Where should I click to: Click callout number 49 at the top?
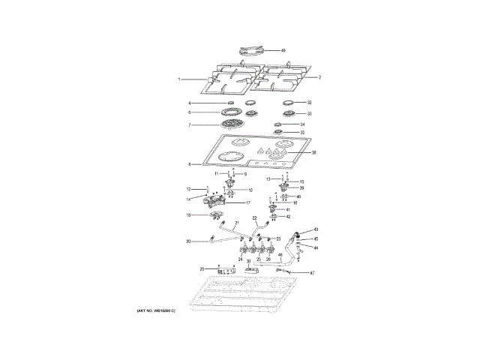pos(283,50)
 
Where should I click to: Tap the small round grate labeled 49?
pos(250,50)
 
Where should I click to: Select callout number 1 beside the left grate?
pos(179,79)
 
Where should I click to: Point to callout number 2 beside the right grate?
pos(319,77)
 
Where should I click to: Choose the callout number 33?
pos(309,114)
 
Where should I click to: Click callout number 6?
pos(190,112)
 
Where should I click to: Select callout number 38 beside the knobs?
pos(314,152)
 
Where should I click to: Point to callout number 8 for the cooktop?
pos(190,164)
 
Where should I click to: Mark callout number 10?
pos(250,190)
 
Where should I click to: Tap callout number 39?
pos(301,188)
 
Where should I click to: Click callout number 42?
pos(288,216)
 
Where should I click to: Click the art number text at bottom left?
pos(155,310)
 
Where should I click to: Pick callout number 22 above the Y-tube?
pos(255,218)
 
